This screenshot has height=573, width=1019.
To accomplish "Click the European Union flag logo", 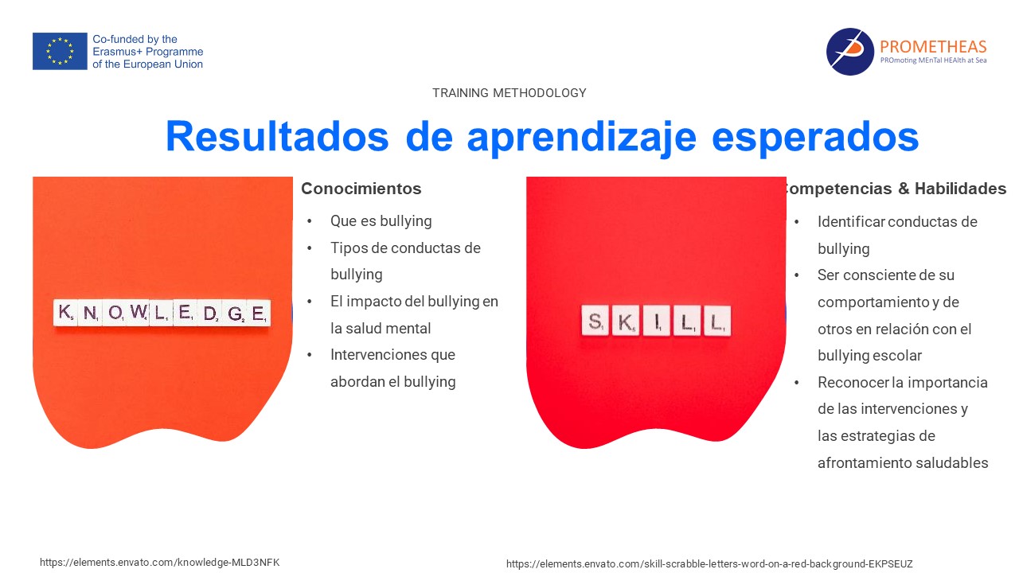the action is (60, 51).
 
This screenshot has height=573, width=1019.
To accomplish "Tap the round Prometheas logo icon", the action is (849, 52).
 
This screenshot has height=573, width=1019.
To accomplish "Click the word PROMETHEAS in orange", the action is (933, 46).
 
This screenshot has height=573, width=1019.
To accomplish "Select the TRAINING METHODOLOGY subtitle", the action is (509, 93).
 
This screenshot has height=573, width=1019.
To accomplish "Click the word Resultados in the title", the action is (277, 136).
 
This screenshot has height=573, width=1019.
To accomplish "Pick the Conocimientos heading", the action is (361, 189).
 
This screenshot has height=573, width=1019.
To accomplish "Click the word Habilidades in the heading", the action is (960, 189).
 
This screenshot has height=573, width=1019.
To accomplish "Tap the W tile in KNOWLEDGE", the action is (139, 312).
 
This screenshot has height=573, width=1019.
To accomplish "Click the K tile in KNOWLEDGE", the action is (65, 312).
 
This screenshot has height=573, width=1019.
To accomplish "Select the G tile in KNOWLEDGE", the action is (235, 313).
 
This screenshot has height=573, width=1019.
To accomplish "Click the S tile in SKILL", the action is (595, 321).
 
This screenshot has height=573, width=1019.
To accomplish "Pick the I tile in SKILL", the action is (657, 321).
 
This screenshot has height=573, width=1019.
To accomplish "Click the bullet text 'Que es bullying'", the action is (381, 221).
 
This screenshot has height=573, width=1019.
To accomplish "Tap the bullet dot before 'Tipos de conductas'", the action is (310, 248).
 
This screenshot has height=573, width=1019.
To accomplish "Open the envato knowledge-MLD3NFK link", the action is (160, 563).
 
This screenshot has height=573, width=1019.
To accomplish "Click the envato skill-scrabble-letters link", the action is (709, 564).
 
